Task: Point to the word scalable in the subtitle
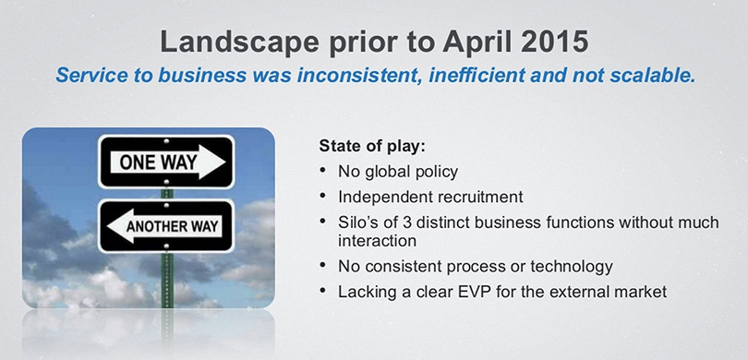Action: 656,76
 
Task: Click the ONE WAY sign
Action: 166,162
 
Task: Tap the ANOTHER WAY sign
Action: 166,226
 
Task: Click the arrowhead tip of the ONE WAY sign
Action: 224,162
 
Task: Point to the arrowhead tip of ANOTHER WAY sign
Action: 107,226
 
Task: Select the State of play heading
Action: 372,147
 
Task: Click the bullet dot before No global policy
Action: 323,169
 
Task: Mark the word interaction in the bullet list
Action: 378,241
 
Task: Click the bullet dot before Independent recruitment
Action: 323,196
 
